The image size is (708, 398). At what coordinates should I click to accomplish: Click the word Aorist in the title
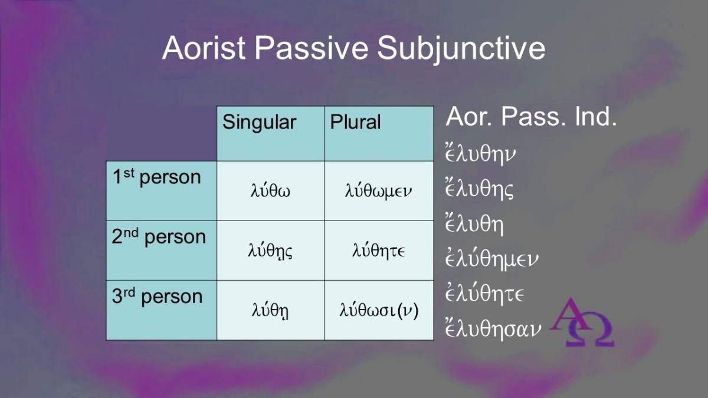click(x=204, y=48)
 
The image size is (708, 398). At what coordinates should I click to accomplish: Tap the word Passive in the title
click(x=312, y=48)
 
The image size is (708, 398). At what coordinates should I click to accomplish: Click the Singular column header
click(x=259, y=122)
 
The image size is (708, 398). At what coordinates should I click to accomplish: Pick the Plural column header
click(x=355, y=122)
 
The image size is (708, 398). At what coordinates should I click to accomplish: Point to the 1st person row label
click(x=157, y=177)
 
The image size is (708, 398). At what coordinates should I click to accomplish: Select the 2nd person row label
click(x=159, y=237)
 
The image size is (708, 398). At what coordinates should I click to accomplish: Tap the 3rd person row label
click(x=157, y=297)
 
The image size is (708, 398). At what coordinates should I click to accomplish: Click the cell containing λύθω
click(x=271, y=191)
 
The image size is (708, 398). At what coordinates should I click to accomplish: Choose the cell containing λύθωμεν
click(x=379, y=191)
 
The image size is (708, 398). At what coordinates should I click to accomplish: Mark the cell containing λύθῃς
click(x=271, y=251)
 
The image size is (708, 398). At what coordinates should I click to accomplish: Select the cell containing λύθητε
click(x=379, y=251)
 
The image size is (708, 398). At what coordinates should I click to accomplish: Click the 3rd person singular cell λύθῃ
click(x=271, y=310)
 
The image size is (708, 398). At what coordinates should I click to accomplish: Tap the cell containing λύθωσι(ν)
click(x=379, y=310)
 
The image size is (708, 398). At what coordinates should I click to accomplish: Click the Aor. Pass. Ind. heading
click(x=531, y=117)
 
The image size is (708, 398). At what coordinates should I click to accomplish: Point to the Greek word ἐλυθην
click(x=480, y=154)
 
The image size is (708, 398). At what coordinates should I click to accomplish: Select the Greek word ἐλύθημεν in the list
click(x=491, y=259)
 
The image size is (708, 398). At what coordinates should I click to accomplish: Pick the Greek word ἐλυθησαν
click(x=493, y=329)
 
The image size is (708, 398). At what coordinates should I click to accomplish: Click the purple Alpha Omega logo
click(x=582, y=322)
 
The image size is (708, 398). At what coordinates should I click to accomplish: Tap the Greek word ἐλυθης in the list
click(x=479, y=189)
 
